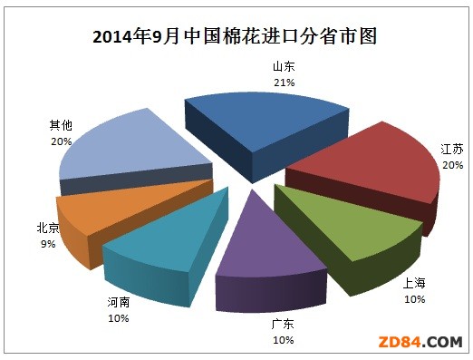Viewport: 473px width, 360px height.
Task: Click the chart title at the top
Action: coord(235,37)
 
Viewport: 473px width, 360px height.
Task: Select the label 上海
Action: coord(413,283)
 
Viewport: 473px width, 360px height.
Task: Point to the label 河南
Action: coord(118,302)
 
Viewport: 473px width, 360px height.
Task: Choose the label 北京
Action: coord(47,228)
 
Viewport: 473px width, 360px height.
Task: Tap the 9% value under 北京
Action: coord(47,243)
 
